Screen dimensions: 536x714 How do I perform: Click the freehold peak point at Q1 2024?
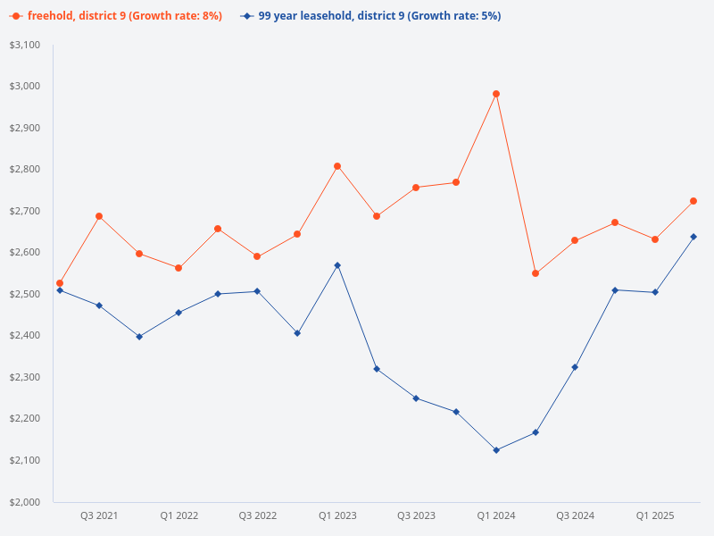pyautogui.click(x=496, y=94)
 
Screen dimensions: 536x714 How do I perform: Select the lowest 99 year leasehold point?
pyautogui.click(x=496, y=450)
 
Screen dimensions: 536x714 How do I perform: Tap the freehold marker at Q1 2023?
pyautogui.click(x=337, y=166)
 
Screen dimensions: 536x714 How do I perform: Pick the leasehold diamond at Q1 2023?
pyautogui.click(x=337, y=265)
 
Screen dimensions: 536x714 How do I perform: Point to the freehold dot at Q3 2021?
pyautogui.click(x=99, y=216)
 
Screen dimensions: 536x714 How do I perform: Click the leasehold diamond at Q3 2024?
pyautogui.click(x=576, y=367)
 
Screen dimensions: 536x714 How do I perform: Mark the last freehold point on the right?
pyautogui.click(x=693, y=201)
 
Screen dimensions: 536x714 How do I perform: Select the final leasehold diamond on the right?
pyautogui.click(x=693, y=237)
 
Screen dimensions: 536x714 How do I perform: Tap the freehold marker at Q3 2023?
pyautogui.click(x=416, y=188)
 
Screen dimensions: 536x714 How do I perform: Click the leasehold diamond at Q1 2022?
pyautogui.click(x=178, y=313)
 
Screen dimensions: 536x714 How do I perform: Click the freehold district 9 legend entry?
pyautogui.click(x=116, y=16)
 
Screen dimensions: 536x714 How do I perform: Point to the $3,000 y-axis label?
pyautogui.click(x=26, y=86)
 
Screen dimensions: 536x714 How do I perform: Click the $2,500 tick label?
pyautogui.click(x=26, y=294)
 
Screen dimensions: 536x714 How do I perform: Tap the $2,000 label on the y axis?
pyautogui.click(x=26, y=502)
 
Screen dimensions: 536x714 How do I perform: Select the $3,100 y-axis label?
pyautogui.click(x=26, y=45)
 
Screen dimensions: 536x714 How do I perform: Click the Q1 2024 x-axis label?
pyautogui.click(x=496, y=515)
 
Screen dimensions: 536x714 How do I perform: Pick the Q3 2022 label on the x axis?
pyautogui.click(x=258, y=515)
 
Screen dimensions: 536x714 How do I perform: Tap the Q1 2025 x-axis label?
pyautogui.click(x=655, y=515)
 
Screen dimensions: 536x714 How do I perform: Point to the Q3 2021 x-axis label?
pyautogui.click(x=99, y=515)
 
